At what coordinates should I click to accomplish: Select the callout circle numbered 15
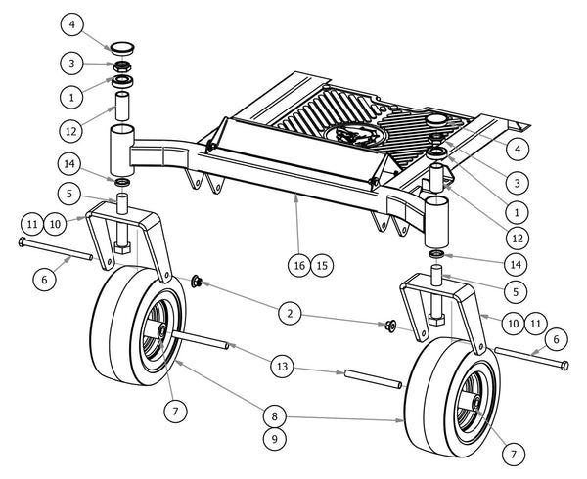point(321,264)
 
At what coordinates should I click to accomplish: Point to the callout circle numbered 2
point(288,313)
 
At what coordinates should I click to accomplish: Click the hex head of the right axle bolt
point(566,366)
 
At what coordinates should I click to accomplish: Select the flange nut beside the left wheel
point(197,283)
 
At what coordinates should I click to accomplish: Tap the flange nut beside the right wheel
point(389,326)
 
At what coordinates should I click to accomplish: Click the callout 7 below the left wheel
point(175,411)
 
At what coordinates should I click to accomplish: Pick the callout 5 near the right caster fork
point(515,290)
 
